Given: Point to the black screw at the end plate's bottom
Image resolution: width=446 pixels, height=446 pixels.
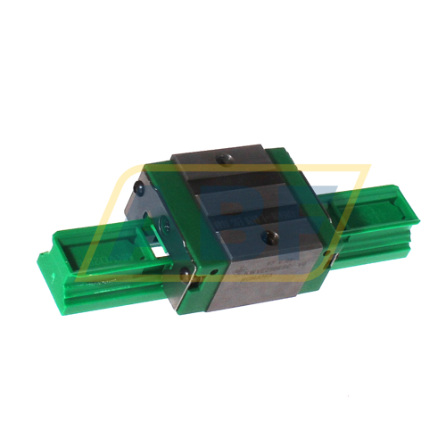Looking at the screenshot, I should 184,274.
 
